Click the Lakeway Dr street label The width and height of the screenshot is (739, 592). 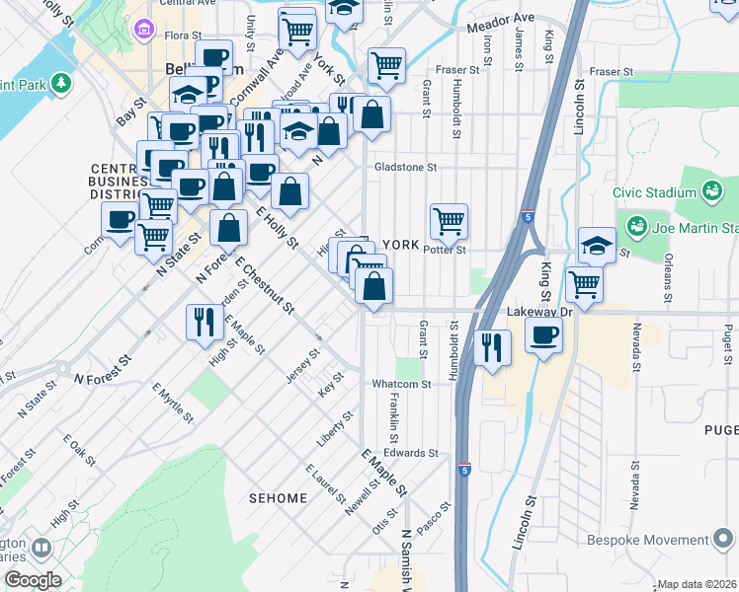click(533, 310)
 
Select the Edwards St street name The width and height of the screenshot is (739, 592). click(411, 453)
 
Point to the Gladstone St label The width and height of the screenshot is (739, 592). click(405, 168)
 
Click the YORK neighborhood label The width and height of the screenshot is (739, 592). click(401, 244)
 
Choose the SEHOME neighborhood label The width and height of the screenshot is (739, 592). click(279, 498)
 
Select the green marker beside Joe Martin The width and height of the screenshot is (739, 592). click(635, 226)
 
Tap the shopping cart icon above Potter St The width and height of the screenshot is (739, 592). click(449, 220)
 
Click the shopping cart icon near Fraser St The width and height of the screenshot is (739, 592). click(386, 65)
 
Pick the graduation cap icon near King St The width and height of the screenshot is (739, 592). click(597, 245)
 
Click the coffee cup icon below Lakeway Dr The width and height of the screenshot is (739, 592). click(542, 334)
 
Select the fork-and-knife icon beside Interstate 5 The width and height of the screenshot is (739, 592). click(491, 347)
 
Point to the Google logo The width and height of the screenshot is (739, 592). click(33, 579)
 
